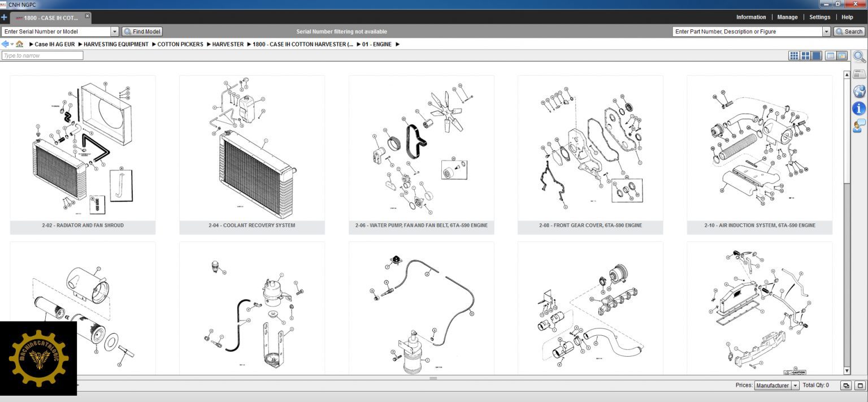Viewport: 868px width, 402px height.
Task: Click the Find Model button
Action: (142, 32)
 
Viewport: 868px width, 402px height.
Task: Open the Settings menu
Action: (819, 17)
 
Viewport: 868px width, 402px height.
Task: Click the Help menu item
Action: (847, 17)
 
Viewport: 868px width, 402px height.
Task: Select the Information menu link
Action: (751, 17)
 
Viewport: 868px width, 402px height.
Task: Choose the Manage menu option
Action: (787, 17)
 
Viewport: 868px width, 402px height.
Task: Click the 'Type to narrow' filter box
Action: (42, 55)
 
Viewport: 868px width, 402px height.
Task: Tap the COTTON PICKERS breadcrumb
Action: (180, 44)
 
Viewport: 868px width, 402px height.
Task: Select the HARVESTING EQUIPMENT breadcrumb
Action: (116, 44)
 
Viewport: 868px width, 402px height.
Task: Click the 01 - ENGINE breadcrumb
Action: (377, 44)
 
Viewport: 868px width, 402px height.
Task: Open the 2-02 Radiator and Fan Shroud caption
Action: (83, 226)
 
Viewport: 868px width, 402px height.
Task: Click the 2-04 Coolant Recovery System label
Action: (251, 226)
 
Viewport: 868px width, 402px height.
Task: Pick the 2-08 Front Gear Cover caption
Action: (590, 226)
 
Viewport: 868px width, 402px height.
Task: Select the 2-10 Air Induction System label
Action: (759, 226)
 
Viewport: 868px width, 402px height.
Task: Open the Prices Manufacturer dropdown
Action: (777, 386)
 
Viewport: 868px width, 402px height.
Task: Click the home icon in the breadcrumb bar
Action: (20, 44)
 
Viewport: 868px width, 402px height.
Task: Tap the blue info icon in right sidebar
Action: (859, 108)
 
